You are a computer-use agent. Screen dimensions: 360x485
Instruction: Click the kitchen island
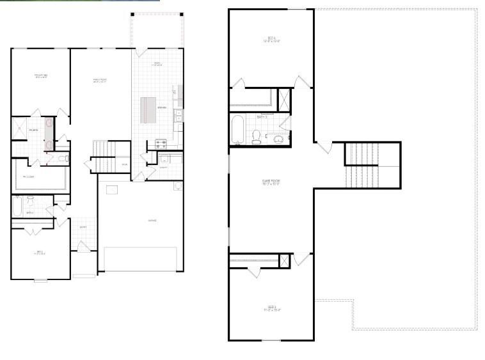[148, 110]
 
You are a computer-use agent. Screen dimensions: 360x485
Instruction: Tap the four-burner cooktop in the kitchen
[161, 144]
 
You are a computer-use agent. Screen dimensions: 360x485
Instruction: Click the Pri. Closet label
[29, 176]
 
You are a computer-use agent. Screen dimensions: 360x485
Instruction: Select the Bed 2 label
[40, 253]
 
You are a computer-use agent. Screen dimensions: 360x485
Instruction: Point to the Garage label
[152, 220]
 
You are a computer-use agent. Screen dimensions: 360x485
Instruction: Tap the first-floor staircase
[102, 149]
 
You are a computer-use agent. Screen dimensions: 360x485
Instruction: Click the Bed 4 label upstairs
[271, 40]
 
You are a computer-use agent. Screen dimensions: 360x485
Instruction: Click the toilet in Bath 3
[256, 137]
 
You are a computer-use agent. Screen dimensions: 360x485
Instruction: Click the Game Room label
[271, 182]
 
